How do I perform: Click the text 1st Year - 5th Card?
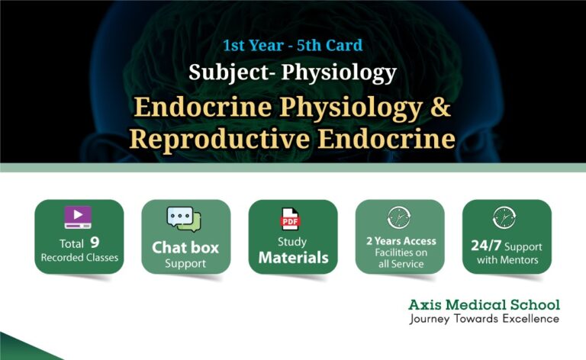[x=292, y=45]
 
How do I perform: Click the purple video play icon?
[x=78, y=217]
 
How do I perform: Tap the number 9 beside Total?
[x=95, y=243]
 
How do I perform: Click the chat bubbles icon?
[x=185, y=220]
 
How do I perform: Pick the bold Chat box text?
[x=185, y=247]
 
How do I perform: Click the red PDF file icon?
[x=291, y=220]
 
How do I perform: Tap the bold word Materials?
[x=292, y=258]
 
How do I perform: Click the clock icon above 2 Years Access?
[x=399, y=217]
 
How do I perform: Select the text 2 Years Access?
[x=400, y=241]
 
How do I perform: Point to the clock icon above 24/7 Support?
[x=506, y=217]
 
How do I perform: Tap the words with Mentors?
[x=507, y=260]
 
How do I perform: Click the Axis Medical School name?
[x=483, y=305]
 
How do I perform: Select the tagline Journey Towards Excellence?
[x=483, y=319]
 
